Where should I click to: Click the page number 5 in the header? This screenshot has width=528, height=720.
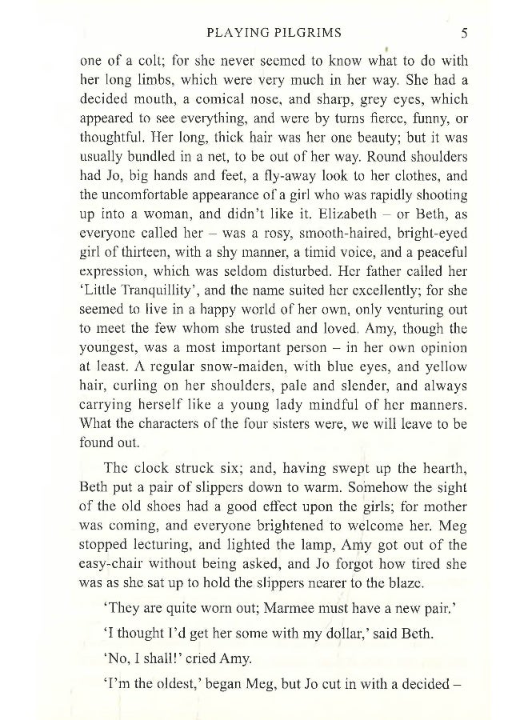[x=464, y=34]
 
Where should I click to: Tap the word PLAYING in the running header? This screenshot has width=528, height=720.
[x=235, y=34]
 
